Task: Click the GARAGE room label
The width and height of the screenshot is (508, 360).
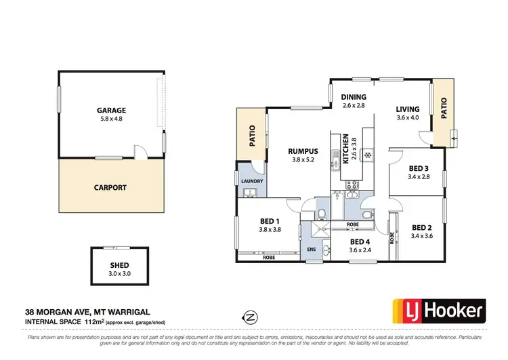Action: [112, 110]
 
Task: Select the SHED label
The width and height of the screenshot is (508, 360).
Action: [119, 265]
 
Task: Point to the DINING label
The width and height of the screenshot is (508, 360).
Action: [353, 97]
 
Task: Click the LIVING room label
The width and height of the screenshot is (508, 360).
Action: [408, 109]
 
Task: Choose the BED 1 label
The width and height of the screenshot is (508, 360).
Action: [270, 221]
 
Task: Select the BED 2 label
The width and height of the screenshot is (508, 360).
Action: [421, 228]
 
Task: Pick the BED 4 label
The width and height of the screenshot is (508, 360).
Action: [360, 241]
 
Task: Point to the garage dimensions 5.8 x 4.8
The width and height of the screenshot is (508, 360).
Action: [112, 119]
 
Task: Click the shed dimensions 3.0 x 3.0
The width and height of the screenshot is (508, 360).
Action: [119, 273]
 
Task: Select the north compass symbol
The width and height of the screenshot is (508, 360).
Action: [251, 316]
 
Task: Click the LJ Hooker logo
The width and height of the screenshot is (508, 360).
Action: [440, 312]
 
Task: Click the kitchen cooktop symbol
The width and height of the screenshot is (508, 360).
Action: [367, 155]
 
